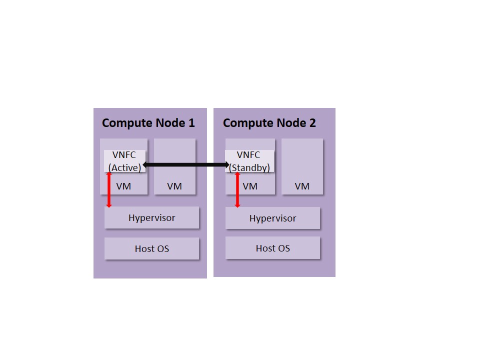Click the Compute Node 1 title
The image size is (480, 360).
(x=148, y=123)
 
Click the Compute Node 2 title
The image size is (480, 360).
(x=269, y=123)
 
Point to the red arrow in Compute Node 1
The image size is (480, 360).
(x=109, y=190)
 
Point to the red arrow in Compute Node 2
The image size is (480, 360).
(x=237, y=190)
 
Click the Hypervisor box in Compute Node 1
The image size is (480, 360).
(x=151, y=218)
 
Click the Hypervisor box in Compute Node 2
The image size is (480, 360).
(x=272, y=218)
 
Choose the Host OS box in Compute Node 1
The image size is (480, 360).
(x=151, y=248)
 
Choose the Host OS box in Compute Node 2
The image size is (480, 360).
(x=272, y=248)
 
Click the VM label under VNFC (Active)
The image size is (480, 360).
(x=124, y=186)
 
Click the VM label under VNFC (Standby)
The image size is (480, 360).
(x=250, y=186)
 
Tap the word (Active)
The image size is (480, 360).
(x=124, y=167)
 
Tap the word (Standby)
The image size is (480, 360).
(x=249, y=167)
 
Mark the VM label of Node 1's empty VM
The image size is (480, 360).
(x=174, y=186)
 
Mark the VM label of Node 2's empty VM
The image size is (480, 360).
(x=302, y=186)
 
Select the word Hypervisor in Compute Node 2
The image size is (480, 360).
(x=272, y=218)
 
